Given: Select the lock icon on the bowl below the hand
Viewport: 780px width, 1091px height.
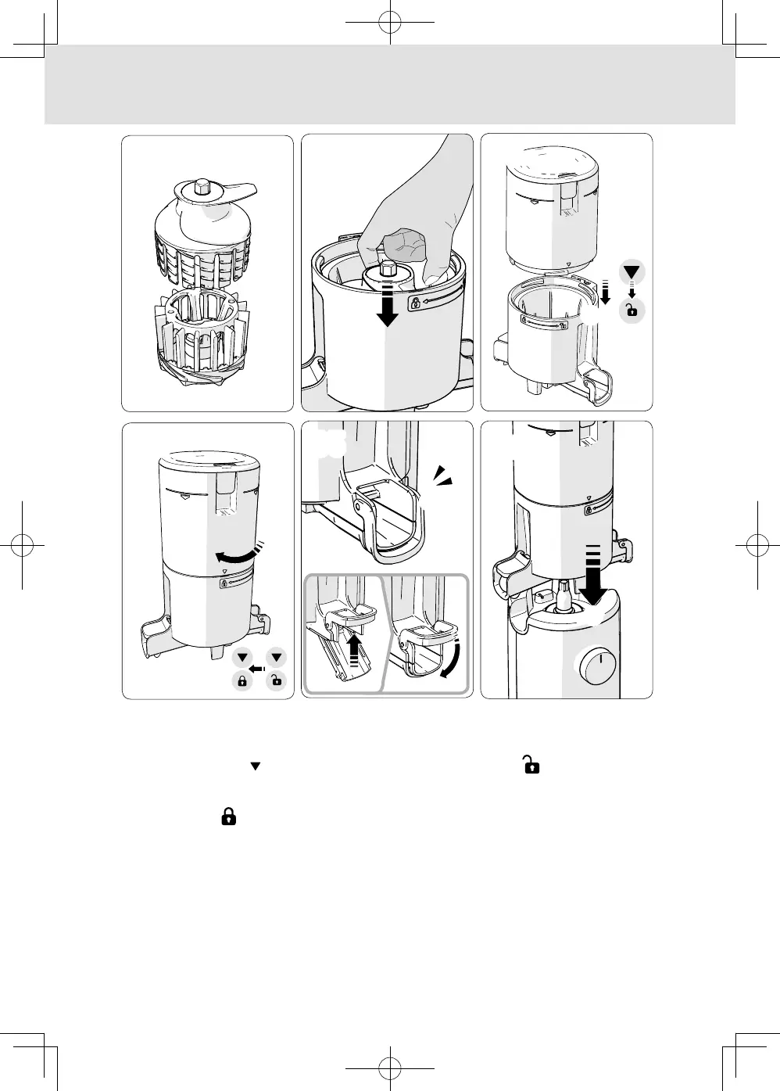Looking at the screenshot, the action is (414, 303).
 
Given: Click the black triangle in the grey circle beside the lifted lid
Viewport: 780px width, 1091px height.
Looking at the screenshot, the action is (632, 274).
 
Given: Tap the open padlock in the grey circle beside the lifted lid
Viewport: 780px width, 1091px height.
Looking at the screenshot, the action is (632, 309).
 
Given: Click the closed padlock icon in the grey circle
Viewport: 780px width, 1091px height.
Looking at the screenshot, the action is (242, 680).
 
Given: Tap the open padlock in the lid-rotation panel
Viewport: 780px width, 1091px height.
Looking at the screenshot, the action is (276, 680).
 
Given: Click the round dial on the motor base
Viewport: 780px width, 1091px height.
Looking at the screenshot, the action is (596, 664).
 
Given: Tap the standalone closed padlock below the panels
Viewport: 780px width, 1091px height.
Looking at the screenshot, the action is (228, 817).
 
